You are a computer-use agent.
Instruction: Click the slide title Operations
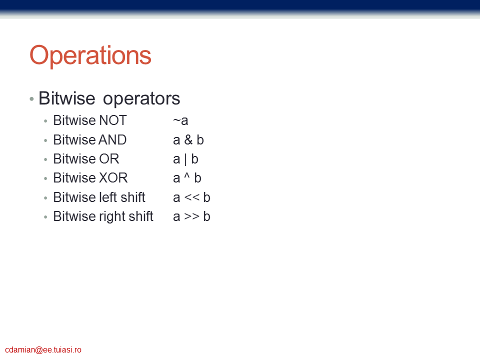90,55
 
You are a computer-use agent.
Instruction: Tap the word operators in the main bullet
141,99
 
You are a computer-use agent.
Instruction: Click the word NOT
112,120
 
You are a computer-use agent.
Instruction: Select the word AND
112,140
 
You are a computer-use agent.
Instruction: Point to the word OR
108,159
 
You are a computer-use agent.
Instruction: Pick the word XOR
113,178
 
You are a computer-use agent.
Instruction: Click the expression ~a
180,120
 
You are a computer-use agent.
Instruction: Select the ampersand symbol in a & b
188,140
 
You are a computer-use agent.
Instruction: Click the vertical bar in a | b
185,159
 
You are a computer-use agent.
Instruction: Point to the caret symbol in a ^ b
187,175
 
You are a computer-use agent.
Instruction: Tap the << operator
192,197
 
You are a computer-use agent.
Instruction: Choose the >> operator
192,216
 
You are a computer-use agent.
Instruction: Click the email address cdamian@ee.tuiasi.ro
43,350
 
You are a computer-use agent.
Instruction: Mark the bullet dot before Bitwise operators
31,99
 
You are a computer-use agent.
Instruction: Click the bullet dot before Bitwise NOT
45,121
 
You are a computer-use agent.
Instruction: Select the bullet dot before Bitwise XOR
45,178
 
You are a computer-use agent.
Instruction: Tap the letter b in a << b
206,197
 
